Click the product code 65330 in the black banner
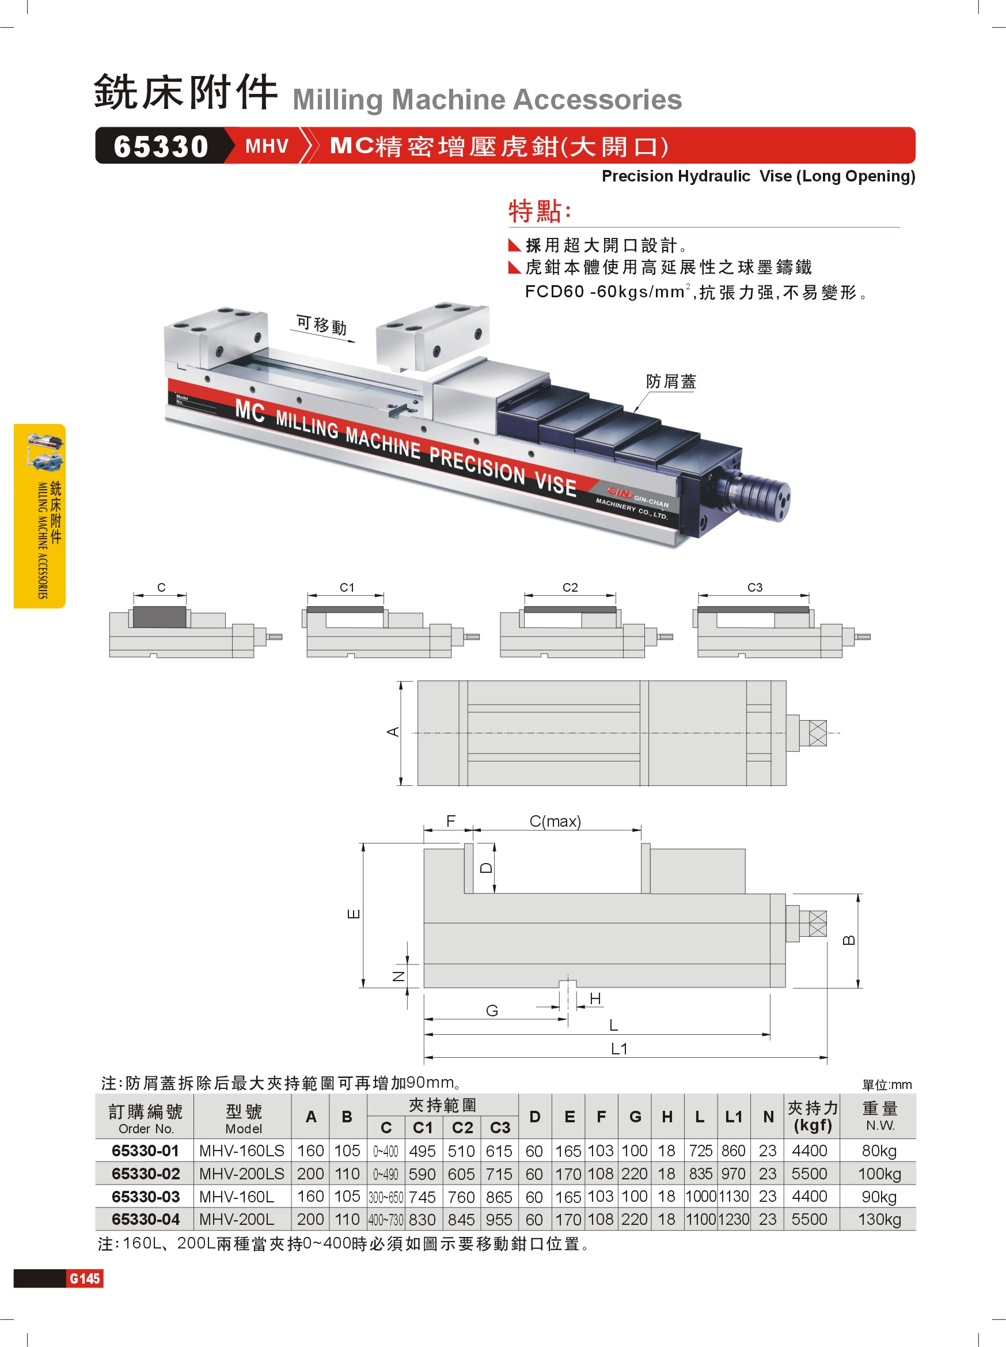(161, 146)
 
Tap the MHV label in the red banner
(267, 146)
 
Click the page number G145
(85, 1278)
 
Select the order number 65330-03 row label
(146, 1197)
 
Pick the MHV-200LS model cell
(242, 1174)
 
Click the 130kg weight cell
(879, 1219)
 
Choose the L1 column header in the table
(734, 1117)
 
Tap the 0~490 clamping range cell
(385, 1174)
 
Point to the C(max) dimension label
(555, 822)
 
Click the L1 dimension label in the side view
(619, 1049)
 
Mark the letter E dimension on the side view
(354, 913)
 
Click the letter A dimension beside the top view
(393, 731)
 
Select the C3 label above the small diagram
(755, 587)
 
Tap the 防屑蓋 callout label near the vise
(671, 382)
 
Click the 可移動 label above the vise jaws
(321, 325)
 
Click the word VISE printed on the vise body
(555, 483)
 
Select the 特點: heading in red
(540, 211)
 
